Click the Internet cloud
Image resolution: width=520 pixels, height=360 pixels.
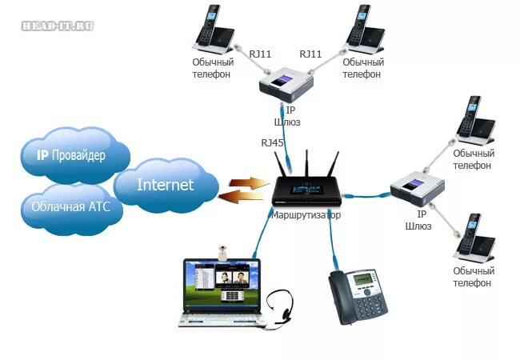(x=166, y=185)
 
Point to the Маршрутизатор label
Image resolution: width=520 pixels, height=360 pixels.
(x=306, y=216)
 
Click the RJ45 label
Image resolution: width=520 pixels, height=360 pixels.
(x=272, y=142)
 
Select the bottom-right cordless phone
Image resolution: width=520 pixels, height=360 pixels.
(x=470, y=238)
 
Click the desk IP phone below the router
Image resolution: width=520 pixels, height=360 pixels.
(x=358, y=294)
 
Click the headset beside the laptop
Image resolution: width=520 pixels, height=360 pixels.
(x=280, y=308)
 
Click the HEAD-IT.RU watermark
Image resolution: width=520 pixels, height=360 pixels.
(x=58, y=26)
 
